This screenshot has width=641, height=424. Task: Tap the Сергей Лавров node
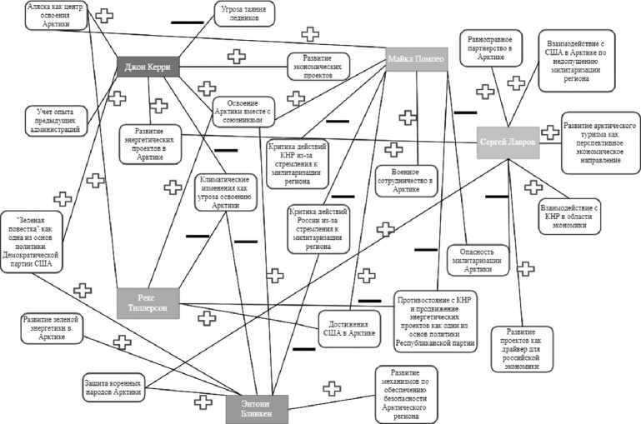click(x=508, y=142)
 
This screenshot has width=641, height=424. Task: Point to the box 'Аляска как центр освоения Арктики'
click(x=57, y=14)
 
